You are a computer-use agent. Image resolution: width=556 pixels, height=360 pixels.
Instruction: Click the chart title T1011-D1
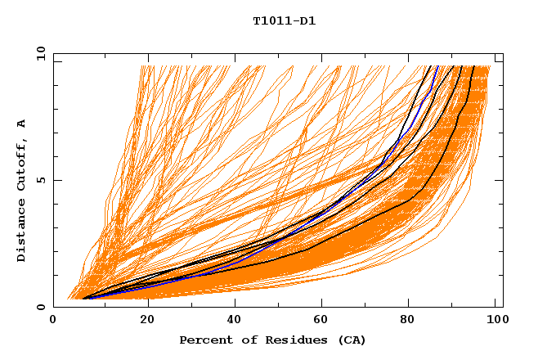pos(284,20)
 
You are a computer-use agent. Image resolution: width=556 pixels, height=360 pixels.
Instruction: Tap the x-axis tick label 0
pos(53,320)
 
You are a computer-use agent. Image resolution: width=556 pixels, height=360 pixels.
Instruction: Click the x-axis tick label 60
pos(321,320)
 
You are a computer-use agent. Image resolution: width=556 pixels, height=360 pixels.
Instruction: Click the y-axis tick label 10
pos(38,52)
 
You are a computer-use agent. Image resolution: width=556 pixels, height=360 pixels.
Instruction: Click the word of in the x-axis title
pos(243,340)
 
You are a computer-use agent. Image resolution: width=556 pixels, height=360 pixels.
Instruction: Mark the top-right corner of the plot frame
pos(503,53)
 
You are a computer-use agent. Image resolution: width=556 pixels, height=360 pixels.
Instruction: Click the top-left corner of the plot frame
pos(53,53)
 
